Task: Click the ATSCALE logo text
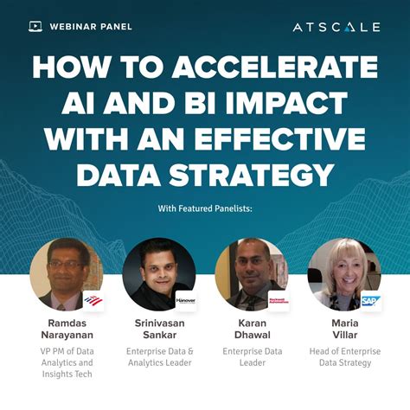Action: click(336, 27)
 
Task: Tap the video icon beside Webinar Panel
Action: click(35, 27)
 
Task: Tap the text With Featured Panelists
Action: click(205, 208)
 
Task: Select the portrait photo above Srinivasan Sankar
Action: click(157, 273)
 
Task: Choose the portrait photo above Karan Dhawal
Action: click(251, 273)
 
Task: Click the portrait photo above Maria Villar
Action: click(343, 273)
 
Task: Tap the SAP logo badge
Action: click(370, 301)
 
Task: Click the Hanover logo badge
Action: click(186, 301)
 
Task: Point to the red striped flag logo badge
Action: click(93, 301)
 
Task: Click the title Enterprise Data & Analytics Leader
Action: click(159, 357)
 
